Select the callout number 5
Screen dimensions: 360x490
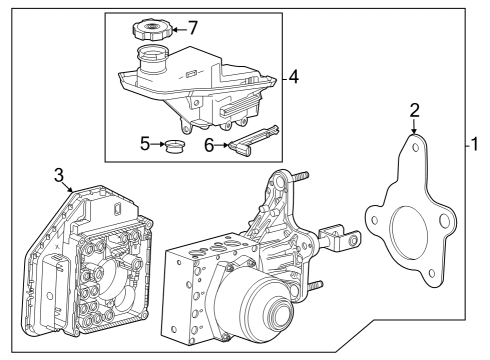[144, 145]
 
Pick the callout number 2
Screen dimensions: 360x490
[413, 113]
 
